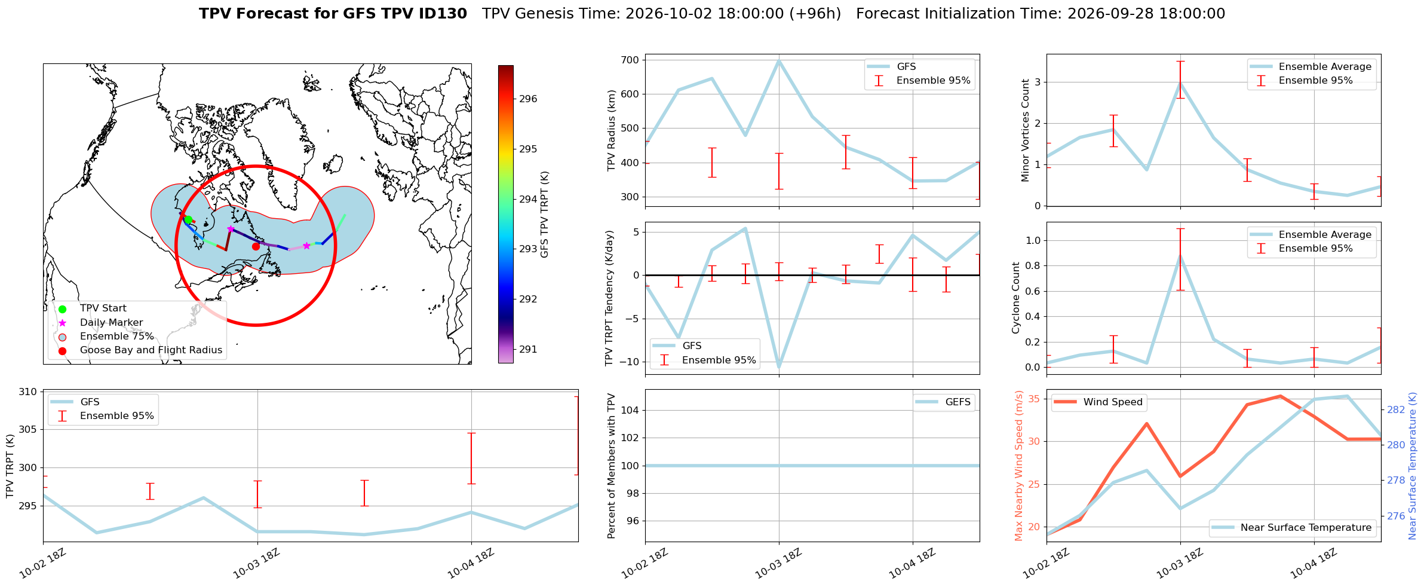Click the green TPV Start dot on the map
(x=188, y=219)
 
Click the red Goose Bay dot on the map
(x=256, y=246)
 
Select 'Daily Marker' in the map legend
(x=111, y=322)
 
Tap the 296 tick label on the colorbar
(x=528, y=99)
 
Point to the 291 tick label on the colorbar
(x=528, y=349)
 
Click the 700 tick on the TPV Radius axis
(x=631, y=60)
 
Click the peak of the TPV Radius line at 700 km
(x=779, y=60)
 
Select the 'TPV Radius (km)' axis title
(x=611, y=130)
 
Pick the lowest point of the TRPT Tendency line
(x=779, y=367)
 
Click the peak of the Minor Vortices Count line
(x=1180, y=83)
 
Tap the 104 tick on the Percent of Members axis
(x=631, y=410)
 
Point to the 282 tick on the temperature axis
(x=1395, y=409)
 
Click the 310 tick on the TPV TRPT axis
(x=28, y=392)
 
